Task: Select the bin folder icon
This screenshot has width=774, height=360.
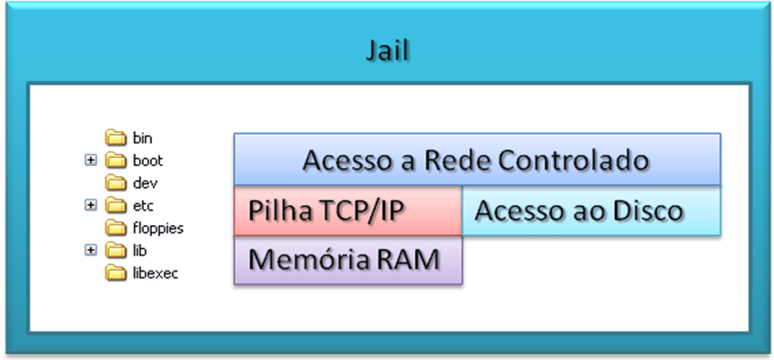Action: (x=116, y=138)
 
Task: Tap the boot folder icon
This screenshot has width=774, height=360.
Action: (x=116, y=161)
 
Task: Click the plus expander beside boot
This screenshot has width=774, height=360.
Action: (x=90, y=161)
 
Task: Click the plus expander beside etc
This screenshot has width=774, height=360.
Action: (x=90, y=205)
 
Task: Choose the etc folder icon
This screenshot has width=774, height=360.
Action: (x=116, y=205)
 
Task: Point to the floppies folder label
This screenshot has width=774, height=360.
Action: (x=157, y=228)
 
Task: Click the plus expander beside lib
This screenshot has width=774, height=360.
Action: (x=90, y=250)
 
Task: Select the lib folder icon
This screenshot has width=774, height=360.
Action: (x=116, y=250)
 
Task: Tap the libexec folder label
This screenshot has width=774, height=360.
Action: (x=155, y=272)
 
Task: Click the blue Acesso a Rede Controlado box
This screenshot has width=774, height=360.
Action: (x=476, y=161)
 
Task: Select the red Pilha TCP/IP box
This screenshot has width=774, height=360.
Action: (x=348, y=212)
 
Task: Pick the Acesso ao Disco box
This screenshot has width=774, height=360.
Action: (x=591, y=212)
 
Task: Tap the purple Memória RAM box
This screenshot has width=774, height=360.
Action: (x=348, y=261)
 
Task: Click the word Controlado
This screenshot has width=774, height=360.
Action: (x=572, y=162)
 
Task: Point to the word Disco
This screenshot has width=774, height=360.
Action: (x=652, y=212)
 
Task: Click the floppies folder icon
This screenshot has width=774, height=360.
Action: (x=116, y=228)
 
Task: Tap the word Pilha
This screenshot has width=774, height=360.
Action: (x=280, y=212)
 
